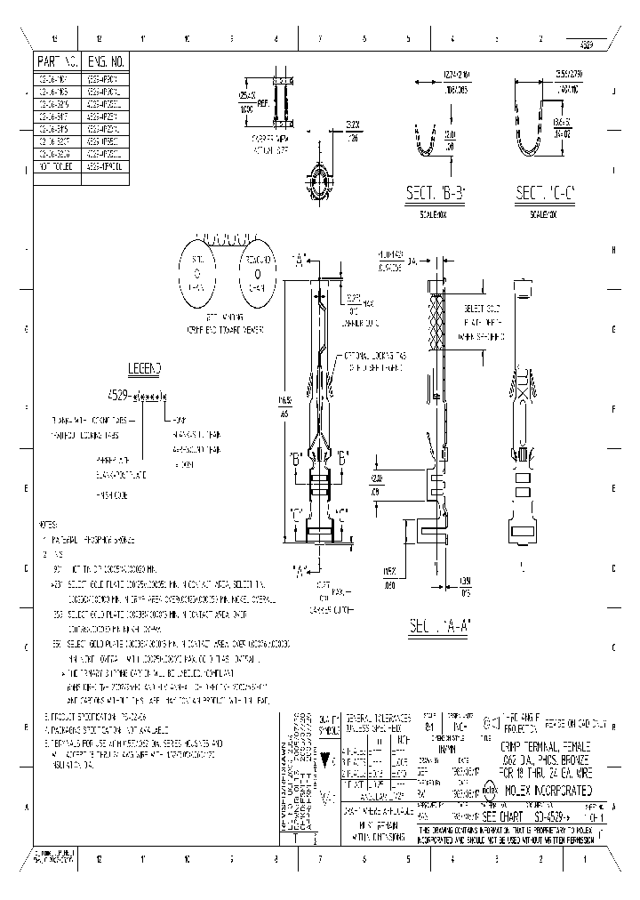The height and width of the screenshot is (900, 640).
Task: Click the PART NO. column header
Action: pos(58,61)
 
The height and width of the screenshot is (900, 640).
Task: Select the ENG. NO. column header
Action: pos(106,61)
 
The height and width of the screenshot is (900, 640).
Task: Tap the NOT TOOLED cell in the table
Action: pos(58,165)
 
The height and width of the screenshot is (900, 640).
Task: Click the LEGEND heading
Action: pos(146,368)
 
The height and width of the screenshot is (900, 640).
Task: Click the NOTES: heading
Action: pos(52,525)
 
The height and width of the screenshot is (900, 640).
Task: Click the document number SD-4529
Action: pos(539,814)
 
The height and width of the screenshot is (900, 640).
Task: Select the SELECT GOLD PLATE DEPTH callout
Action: pos(484,322)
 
